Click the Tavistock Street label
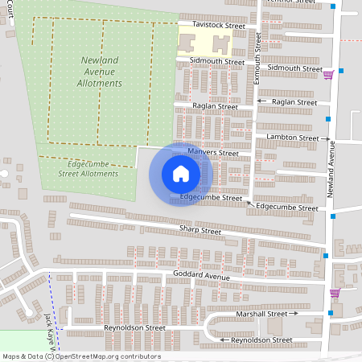pos(213,26)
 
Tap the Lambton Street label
pos(293,138)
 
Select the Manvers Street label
pos(213,152)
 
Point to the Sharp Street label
pos(200,231)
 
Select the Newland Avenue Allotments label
pos(102,72)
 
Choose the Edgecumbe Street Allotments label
pos(88,168)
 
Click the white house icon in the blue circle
pos(181,173)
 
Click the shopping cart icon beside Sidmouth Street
pos(328,75)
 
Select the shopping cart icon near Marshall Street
pos(335,293)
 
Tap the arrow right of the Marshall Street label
pos(294,314)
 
